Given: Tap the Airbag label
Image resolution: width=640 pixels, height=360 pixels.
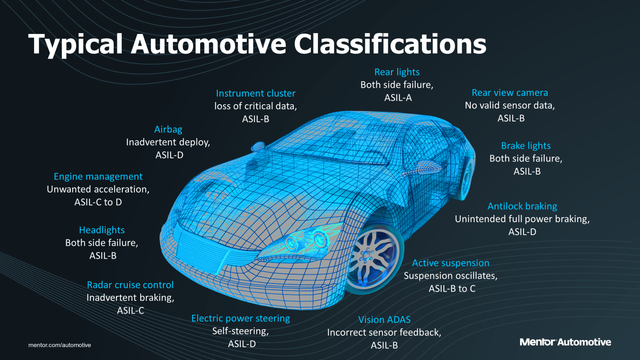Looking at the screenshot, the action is pos(168,129).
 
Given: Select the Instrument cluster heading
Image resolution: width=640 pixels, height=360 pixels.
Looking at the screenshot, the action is pos(256,94).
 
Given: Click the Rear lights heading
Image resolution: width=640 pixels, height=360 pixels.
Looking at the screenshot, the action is pos(397,72).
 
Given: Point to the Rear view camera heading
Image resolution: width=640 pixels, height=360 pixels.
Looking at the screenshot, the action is pos(510,93).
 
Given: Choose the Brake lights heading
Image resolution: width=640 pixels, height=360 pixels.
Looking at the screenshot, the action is pos(525,146).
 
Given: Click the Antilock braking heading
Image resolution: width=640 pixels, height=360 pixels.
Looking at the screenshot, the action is pos(522,206).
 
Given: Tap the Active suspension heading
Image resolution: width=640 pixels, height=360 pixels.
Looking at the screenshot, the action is pos(451,263).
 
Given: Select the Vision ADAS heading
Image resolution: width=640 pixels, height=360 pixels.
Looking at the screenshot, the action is pos(384,320).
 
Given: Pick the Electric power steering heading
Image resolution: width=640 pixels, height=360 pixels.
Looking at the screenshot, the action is pos(241,318).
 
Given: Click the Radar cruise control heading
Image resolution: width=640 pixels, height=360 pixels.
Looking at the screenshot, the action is pos(130,285).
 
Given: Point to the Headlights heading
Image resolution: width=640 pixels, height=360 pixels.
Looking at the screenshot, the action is pos(102,230).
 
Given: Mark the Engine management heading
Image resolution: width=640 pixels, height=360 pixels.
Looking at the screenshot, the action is pos(98,176).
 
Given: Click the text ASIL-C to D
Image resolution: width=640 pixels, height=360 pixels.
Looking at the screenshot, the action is pos(98,202).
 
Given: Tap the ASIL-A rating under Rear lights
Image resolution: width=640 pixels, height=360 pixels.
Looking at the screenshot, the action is pos(398,97).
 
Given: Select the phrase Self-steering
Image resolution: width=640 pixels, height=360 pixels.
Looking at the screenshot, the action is pos(241,331).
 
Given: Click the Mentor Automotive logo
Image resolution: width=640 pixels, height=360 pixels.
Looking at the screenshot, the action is pos(565,342).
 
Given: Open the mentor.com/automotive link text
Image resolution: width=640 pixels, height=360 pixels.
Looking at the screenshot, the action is pos(60,345).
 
